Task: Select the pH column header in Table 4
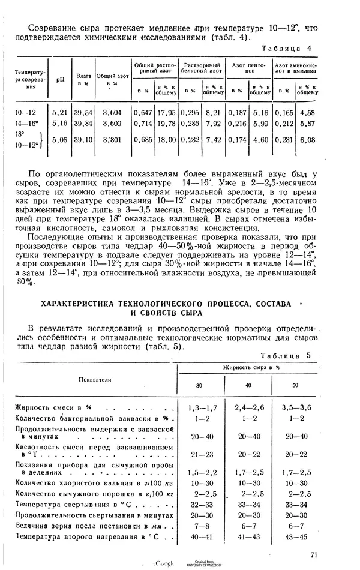[x=60, y=79]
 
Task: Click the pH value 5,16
[x=60, y=123]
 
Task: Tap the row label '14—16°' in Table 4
[x=27, y=123]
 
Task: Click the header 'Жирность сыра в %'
[x=251, y=366]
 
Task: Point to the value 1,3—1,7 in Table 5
[x=201, y=407]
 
